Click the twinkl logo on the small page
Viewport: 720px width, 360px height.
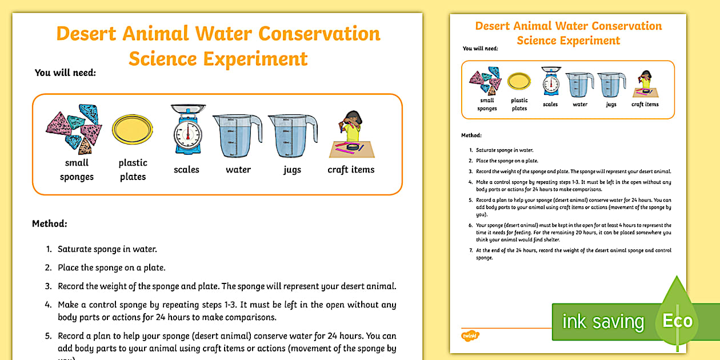470,335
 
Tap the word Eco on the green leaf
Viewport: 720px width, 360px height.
677,321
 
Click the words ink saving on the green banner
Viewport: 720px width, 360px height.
602,322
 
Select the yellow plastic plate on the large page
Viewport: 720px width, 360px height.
132,130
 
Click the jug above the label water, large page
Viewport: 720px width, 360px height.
237,135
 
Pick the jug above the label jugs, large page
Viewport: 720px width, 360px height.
292,135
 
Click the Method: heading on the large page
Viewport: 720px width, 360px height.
50,223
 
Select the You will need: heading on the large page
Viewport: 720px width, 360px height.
65,73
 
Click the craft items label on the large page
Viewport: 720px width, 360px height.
351,170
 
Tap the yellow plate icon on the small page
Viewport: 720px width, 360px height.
519,82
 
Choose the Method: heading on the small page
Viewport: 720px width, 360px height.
471,135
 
